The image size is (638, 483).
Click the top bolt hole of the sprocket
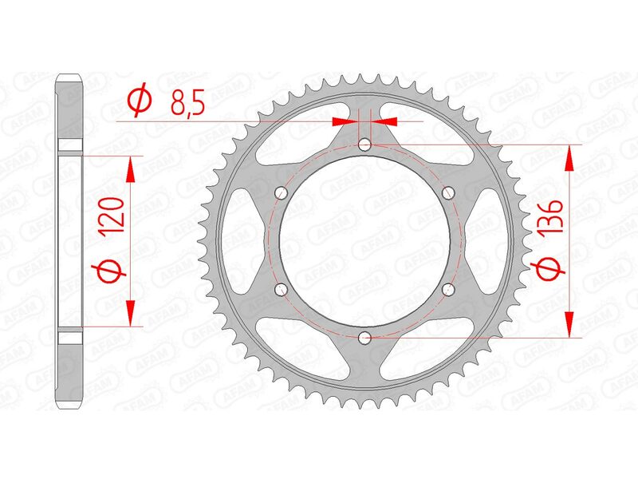[365, 145]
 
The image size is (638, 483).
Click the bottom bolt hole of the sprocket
[365, 337]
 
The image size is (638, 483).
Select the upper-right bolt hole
[447, 192]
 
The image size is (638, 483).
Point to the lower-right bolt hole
[447, 289]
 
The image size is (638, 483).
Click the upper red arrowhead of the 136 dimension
[569, 159]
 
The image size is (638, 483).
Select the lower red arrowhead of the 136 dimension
[569, 323]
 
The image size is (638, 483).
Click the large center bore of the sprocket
[365, 240]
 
